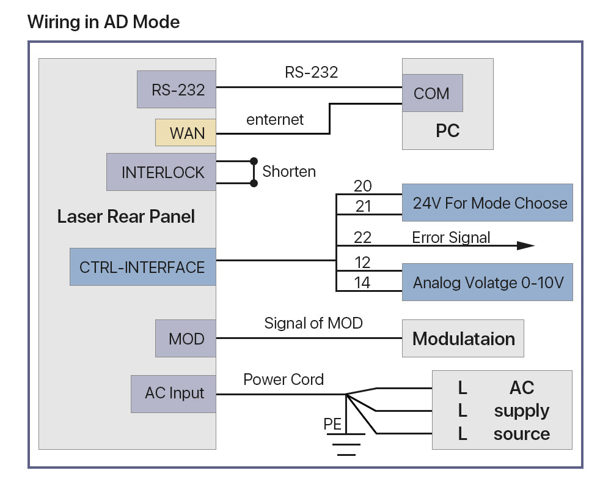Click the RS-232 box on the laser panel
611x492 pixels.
click(176, 89)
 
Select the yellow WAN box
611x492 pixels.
click(186, 133)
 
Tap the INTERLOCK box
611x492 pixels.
click(161, 172)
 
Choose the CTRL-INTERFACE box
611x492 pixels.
click(142, 267)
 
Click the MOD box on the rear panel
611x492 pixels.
click(186, 338)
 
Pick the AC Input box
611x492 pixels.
click(174, 393)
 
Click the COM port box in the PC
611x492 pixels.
click(431, 93)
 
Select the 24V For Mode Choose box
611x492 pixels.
click(487, 203)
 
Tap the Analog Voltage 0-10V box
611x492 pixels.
click(487, 282)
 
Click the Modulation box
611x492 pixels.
click(463, 338)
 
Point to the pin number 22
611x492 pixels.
click(362, 237)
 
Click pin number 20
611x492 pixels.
click(362, 187)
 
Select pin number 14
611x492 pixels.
click(362, 283)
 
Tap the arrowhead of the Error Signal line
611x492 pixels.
click(525, 245)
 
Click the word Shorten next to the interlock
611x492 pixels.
click(289, 171)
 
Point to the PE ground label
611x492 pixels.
click(332, 423)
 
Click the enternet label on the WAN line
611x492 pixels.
click(275, 119)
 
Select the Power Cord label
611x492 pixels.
click(284, 379)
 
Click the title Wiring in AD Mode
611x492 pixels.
click(104, 23)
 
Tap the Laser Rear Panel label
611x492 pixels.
click(126, 216)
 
